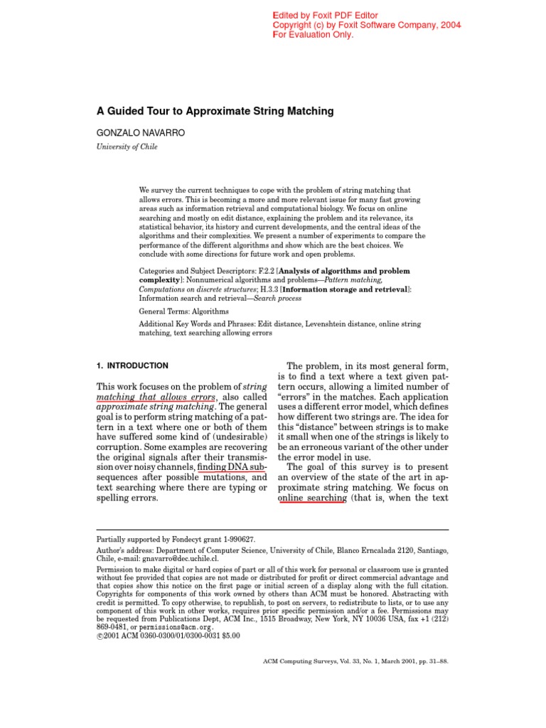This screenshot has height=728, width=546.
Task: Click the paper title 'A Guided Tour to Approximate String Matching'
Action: pos(215,112)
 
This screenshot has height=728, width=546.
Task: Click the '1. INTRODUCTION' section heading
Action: pos(132,365)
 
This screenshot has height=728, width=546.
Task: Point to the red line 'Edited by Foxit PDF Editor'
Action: pos(326,16)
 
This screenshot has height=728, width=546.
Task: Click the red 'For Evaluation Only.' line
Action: pos(314,35)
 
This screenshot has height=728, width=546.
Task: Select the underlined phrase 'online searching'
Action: pos(311,498)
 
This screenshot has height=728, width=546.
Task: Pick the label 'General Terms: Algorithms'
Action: pos(183,311)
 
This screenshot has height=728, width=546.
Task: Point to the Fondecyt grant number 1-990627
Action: pos(233,540)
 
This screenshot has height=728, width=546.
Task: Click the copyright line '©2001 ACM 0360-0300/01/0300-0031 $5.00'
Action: pos(168,636)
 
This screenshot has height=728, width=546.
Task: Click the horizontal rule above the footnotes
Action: pos(272,530)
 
